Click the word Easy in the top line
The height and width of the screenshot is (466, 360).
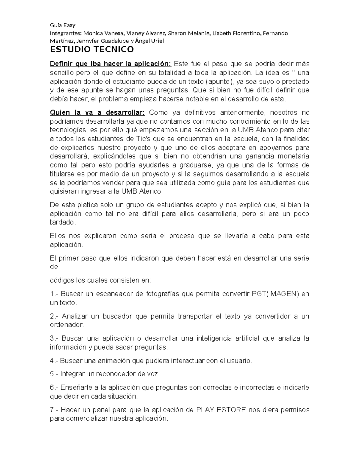pyautogui.click(x=70, y=25)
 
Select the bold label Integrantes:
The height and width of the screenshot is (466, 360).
pyautogui.click(x=65, y=33)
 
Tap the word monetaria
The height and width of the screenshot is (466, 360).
pyautogui.click(x=293, y=156)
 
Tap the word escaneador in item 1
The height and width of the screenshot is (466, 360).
pyautogui.click(x=114, y=294)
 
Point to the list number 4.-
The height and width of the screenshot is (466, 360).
pyautogui.click(x=54, y=361)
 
